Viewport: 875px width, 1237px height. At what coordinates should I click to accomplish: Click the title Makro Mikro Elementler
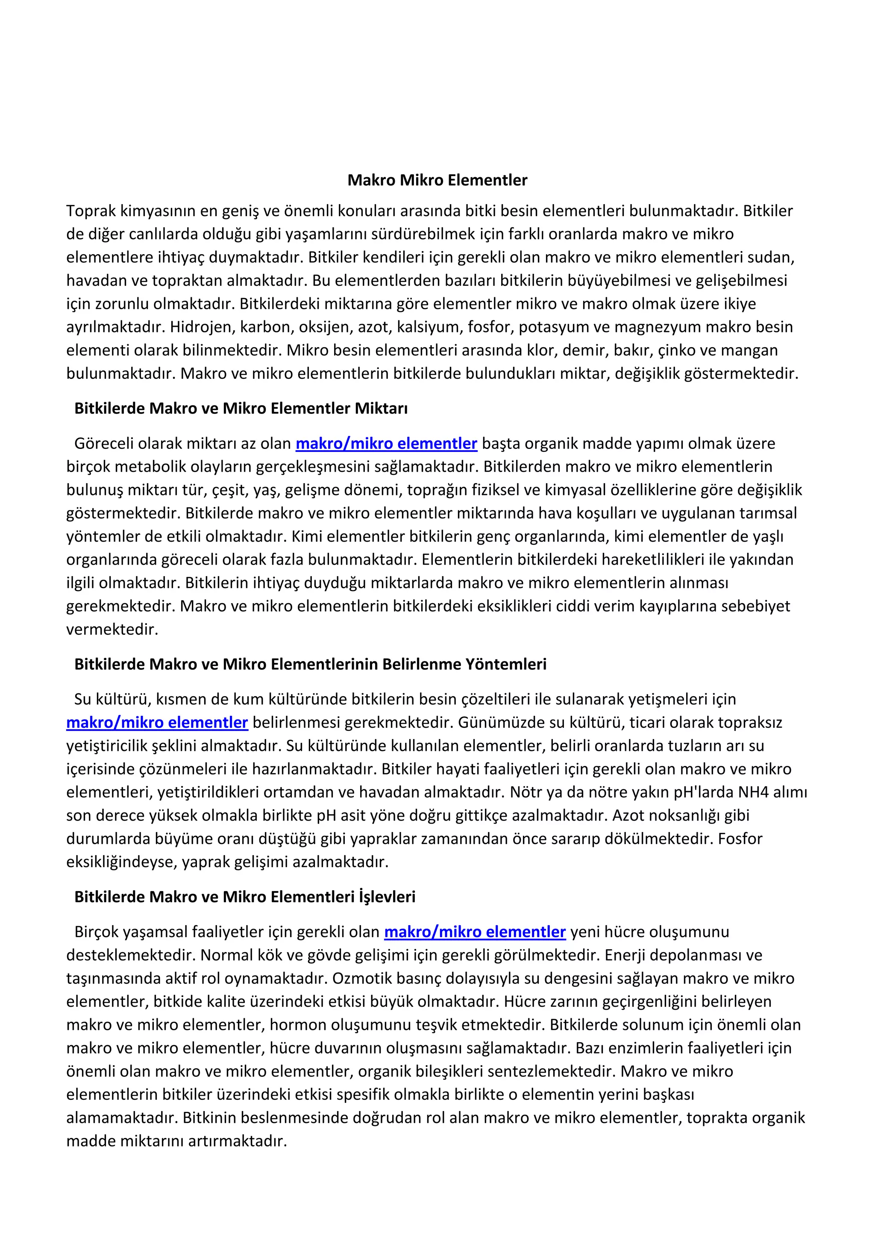click(x=437, y=180)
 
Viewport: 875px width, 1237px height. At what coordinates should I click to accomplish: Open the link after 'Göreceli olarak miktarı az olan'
click(x=386, y=443)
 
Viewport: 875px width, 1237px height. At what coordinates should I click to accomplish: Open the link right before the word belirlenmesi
click(x=157, y=722)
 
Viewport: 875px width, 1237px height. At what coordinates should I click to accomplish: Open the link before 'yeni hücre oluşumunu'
click(x=475, y=932)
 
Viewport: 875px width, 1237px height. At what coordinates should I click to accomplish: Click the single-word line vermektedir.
click(x=112, y=629)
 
